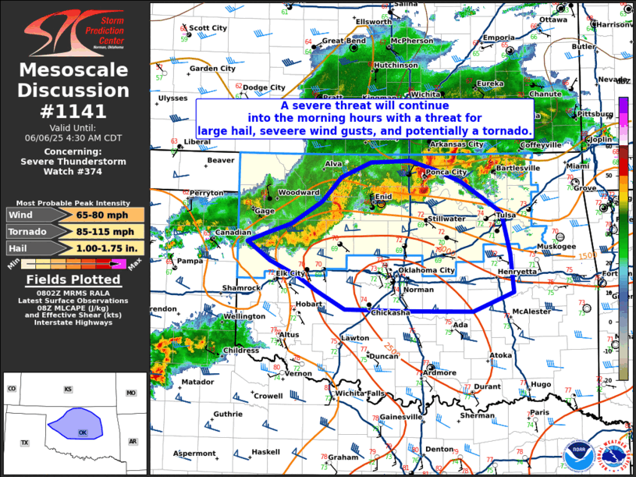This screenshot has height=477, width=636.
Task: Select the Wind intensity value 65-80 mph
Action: tap(110, 215)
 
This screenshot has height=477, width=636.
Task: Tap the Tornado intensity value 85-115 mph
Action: tap(110, 232)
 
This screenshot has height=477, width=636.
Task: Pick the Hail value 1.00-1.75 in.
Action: tap(110, 248)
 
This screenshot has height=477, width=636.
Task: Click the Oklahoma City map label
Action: tap(426, 270)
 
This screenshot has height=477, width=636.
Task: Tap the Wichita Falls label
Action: tap(360, 393)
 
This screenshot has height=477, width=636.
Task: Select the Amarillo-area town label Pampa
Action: tap(190, 261)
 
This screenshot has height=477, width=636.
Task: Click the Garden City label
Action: tap(212, 69)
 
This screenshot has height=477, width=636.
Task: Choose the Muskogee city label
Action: tap(556, 246)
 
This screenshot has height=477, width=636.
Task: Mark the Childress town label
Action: tap(240, 351)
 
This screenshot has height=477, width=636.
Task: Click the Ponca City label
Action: tap(446, 172)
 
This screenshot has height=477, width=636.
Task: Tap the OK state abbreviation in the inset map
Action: tap(83, 432)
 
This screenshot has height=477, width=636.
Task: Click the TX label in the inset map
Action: tap(24, 443)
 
